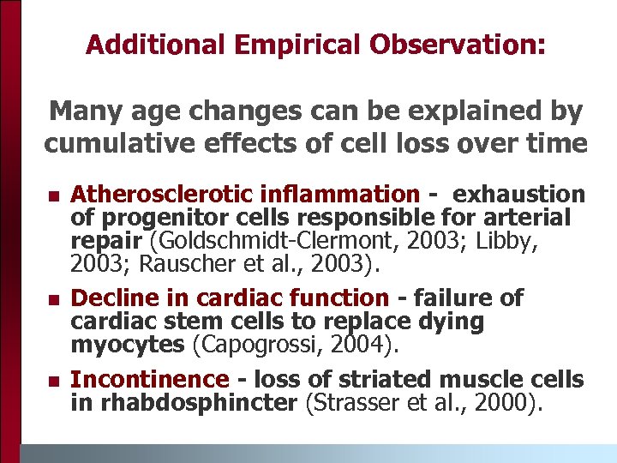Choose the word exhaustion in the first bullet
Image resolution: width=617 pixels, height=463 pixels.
click(x=520, y=195)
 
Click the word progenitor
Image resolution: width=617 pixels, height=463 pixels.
click(x=165, y=217)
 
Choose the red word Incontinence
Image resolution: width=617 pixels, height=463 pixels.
click(x=149, y=380)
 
